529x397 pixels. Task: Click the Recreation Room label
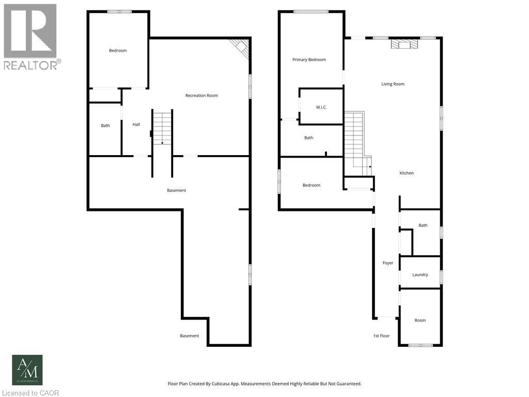tap(201, 96)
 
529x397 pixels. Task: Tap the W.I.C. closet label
tap(321, 108)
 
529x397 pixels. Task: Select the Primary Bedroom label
tap(309, 60)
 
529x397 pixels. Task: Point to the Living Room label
tap(393, 84)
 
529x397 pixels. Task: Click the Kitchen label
tap(407, 173)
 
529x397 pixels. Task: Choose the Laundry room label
tap(420, 275)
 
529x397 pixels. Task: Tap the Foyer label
tap(388, 263)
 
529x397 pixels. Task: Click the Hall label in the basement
tap(136, 125)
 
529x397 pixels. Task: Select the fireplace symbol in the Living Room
tap(403, 45)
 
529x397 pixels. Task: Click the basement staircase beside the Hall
tap(162, 128)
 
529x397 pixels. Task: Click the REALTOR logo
tap(30, 37)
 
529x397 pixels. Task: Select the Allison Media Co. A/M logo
tap(27, 370)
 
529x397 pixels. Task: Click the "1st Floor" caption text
tap(381, 336)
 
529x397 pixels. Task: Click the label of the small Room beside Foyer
tap(420, 320)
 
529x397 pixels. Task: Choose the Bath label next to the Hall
tap(105, 126)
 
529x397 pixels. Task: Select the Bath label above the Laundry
tap(423, 225)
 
